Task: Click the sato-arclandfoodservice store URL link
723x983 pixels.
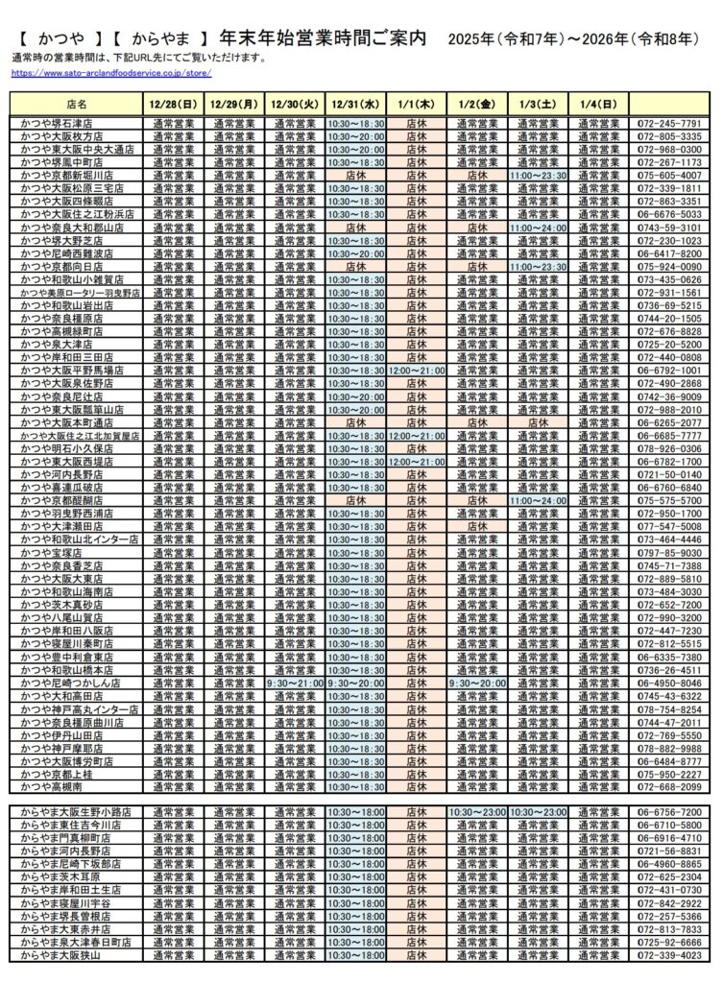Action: (x=110, y=73)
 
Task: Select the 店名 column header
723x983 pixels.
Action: (x=77, y=103)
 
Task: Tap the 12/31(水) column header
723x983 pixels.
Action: (x=356, y=103)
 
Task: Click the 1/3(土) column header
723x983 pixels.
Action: (x=538, y=103)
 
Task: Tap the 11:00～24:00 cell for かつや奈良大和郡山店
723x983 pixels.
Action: (x=538, y=228)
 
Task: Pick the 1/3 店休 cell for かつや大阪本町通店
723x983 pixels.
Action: (x=538, y=422)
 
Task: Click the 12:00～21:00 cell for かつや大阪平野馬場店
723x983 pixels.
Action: (x=417, y=371)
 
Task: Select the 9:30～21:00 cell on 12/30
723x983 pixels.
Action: (x=296, y=683)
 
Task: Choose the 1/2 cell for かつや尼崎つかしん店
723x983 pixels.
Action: (x=477, y=683)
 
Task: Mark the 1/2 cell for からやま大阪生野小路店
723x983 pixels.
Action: (x=477, y=812)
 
